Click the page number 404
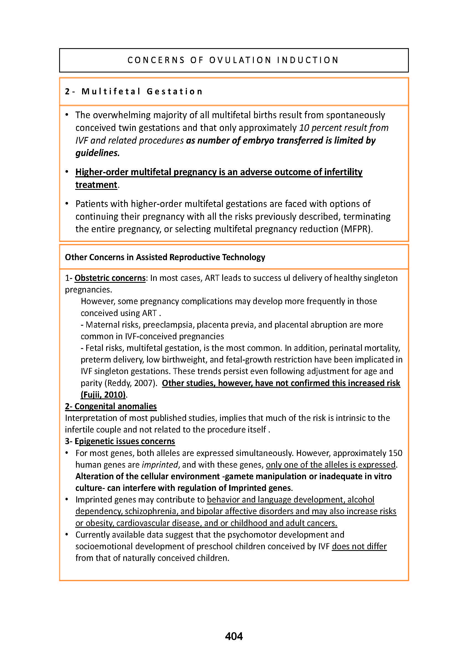click(234, 636)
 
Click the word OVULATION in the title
click(240, 60)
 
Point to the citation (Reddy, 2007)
click(130, 383)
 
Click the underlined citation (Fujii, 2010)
click(103, 394)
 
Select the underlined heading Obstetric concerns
click(110, 278)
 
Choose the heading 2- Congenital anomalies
click(111, 406)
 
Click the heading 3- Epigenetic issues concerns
click(120, 441)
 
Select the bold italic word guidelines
click(97, 153)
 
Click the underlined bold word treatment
click(96, 185)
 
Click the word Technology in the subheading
click(244, 257)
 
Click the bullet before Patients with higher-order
click(67, 204)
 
